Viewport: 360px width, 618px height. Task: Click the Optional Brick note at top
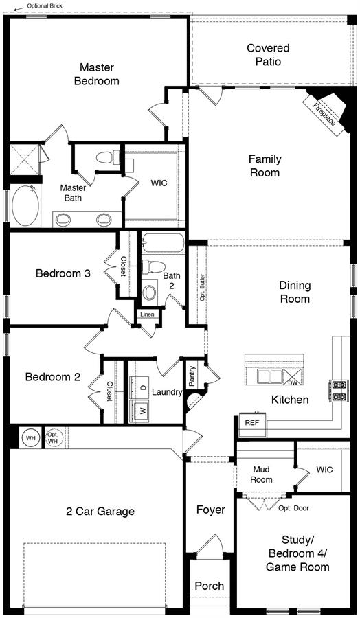coord(45,6)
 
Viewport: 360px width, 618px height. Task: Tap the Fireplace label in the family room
coord(324,114)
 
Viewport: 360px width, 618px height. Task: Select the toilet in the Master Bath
coord(108,157)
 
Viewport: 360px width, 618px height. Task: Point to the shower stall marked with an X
coord(25,159)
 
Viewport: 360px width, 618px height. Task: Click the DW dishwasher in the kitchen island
coord(292,376)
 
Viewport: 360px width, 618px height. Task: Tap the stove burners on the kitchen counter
coord(339,391)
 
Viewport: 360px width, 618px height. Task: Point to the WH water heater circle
coord(30,437)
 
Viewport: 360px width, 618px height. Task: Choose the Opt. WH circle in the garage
coord(53,437)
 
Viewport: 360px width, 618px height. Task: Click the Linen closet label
coord(148,314)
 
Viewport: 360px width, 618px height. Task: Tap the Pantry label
coord(192,376)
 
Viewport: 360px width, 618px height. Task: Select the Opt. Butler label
coord(202,287)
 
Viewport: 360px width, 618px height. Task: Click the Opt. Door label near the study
coord(294,508)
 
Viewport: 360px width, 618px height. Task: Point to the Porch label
coord(210,586)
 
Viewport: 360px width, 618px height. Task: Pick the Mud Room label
coord(262,474)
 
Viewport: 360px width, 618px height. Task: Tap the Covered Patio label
coord(268,55)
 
